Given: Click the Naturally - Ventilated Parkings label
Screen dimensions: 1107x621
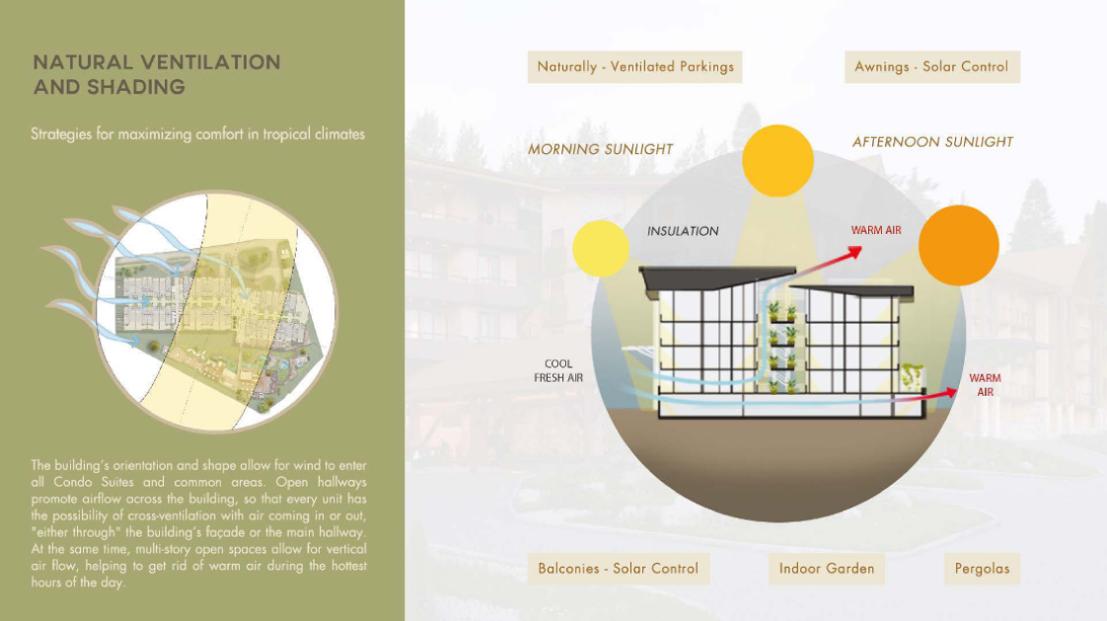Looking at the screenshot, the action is click(x=634, y=67).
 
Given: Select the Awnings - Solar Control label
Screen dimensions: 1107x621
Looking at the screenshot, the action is click(x=932, y=67).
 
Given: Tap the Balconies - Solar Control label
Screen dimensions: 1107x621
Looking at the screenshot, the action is click(x=618, y=569).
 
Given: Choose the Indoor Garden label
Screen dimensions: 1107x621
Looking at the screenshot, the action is click(x=826, y=569).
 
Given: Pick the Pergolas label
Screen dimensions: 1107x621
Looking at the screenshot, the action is click(x=982, y=569).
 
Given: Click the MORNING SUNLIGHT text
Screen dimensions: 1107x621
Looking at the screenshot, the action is click(x=601, y=149).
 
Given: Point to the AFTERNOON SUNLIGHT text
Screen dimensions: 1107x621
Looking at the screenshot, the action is click(x=932, y=142).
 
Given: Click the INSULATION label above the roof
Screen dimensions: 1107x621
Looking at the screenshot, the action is click(x=683, y=231).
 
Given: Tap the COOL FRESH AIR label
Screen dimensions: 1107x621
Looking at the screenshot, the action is click(x=558, y=371).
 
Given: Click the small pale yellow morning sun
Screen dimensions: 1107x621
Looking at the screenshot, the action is click(x=601, y=249).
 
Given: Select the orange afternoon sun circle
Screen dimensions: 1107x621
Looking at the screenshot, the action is click(x=959, y=245).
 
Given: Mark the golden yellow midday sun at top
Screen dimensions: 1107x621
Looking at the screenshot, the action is click(x=778, y=161).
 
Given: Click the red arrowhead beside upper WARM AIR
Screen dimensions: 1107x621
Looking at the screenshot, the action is click(x=855, y=252).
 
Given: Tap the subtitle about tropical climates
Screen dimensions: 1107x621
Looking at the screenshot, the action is click(x=197, y=134).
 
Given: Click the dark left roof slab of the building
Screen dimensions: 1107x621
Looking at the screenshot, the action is click(x=717, y=277).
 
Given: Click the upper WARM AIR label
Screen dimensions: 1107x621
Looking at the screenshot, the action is click(x=876, y=230).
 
